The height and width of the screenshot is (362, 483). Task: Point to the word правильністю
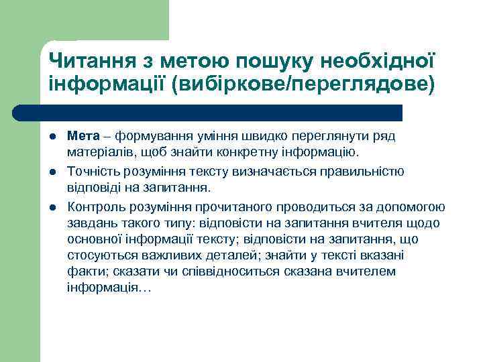click(366, 171)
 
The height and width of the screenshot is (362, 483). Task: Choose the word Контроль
click(95, 206)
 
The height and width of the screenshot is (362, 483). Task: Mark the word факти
click(83, 271)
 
